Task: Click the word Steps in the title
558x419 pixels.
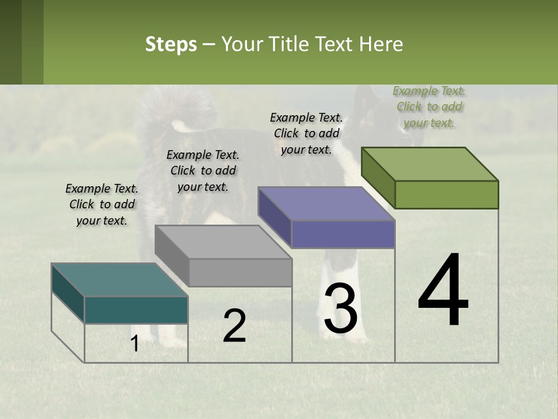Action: point(171,44)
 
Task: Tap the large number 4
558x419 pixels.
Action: point(443,291)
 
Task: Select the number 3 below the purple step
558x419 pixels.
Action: point(341,308)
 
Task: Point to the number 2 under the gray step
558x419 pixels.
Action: point(234,326)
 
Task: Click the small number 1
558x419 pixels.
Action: point(134,344)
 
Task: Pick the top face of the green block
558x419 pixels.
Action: point(430,164)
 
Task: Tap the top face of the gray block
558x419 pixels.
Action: point(223,242)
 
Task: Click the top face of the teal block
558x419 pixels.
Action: point(120,280)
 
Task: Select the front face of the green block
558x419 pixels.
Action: point(446,194)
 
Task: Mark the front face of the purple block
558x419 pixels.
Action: point(343,235)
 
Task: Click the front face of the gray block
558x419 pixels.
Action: point(240,272)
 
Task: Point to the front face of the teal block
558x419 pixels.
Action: point(136,310)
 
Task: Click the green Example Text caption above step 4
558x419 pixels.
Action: point(429,106)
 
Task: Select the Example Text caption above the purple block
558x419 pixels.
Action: point(306,133)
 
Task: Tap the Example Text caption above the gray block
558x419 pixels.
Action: point(203,171)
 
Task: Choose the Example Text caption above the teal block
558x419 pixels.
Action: point(102,204)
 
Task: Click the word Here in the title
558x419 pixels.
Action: point(381,44)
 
